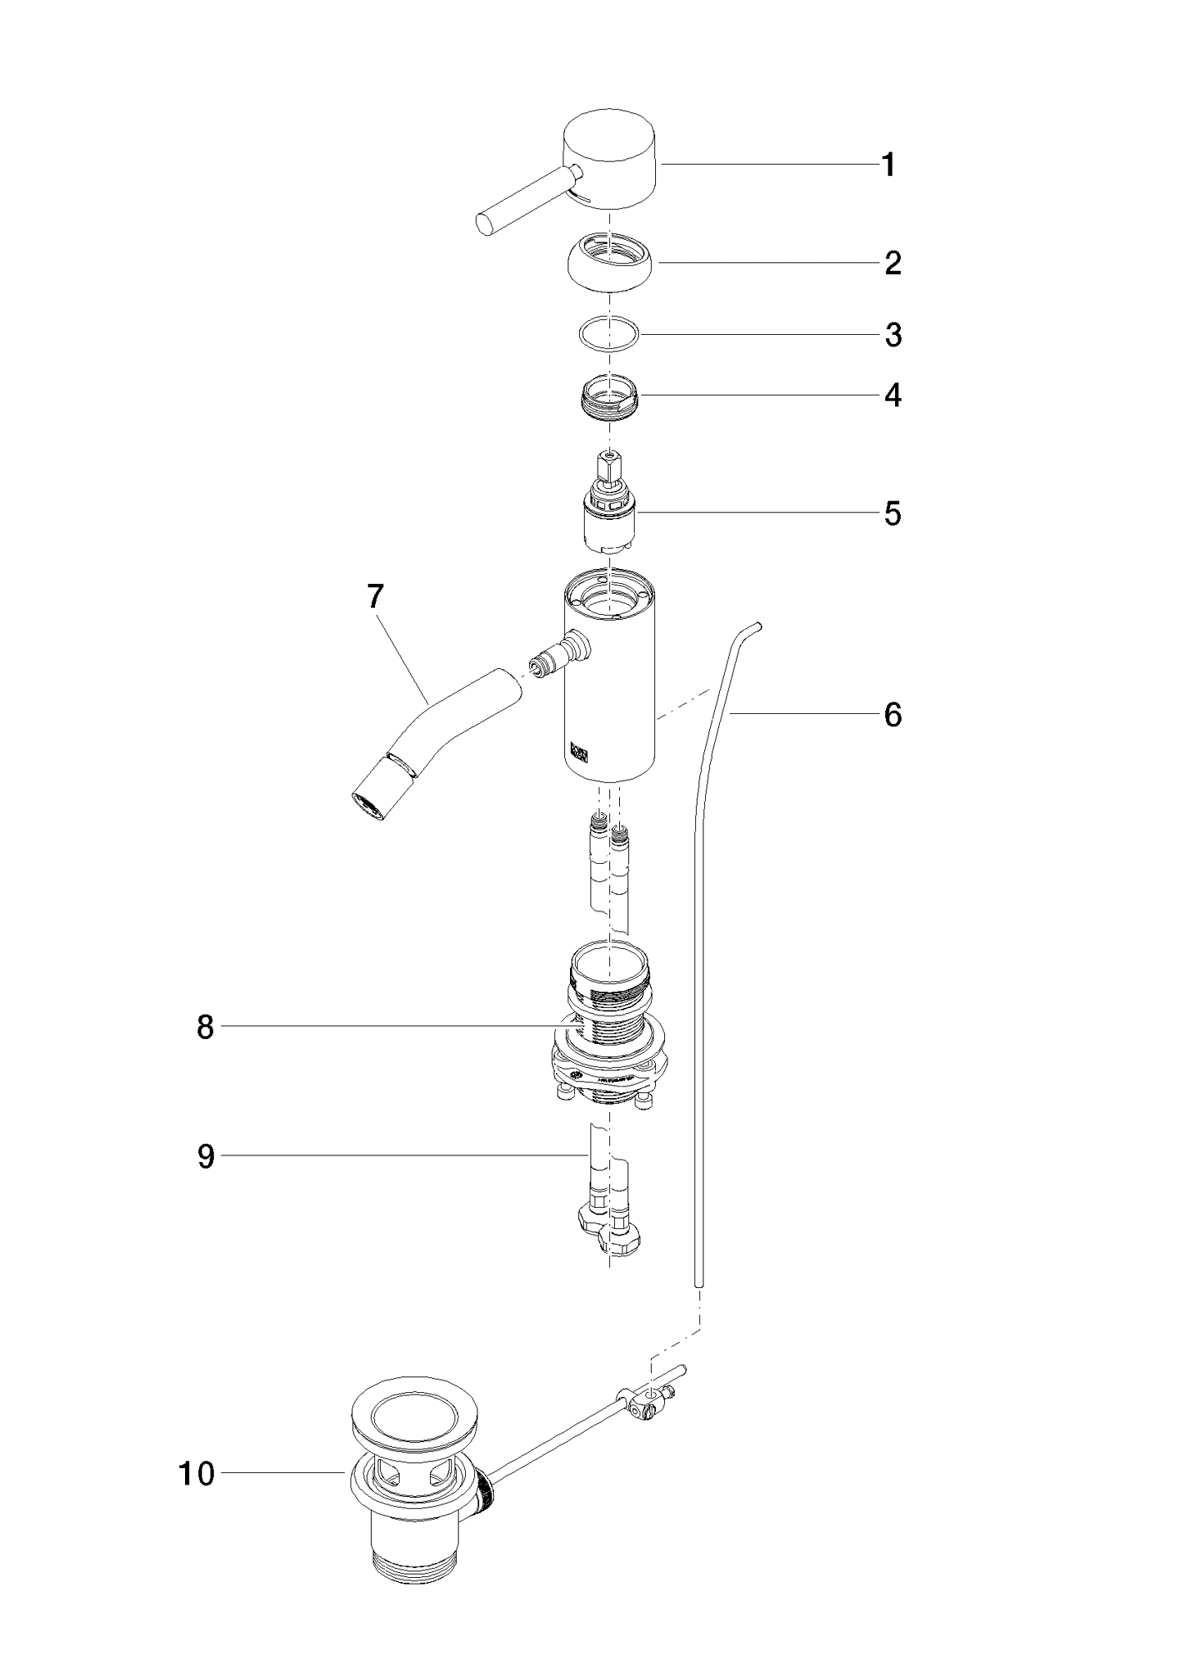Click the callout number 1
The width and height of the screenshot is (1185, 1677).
889,166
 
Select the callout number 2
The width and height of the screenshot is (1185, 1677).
893,264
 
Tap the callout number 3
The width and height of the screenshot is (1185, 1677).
893,336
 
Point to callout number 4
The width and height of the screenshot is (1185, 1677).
893,396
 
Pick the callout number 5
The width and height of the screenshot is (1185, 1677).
893,514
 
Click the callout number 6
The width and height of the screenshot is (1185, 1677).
893,715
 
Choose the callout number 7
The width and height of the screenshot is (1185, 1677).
375,598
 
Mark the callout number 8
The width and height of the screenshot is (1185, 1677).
206,1027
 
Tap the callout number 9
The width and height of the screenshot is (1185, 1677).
206,1156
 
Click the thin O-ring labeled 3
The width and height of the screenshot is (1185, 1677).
608,334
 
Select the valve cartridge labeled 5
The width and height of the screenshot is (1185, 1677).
608,516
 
